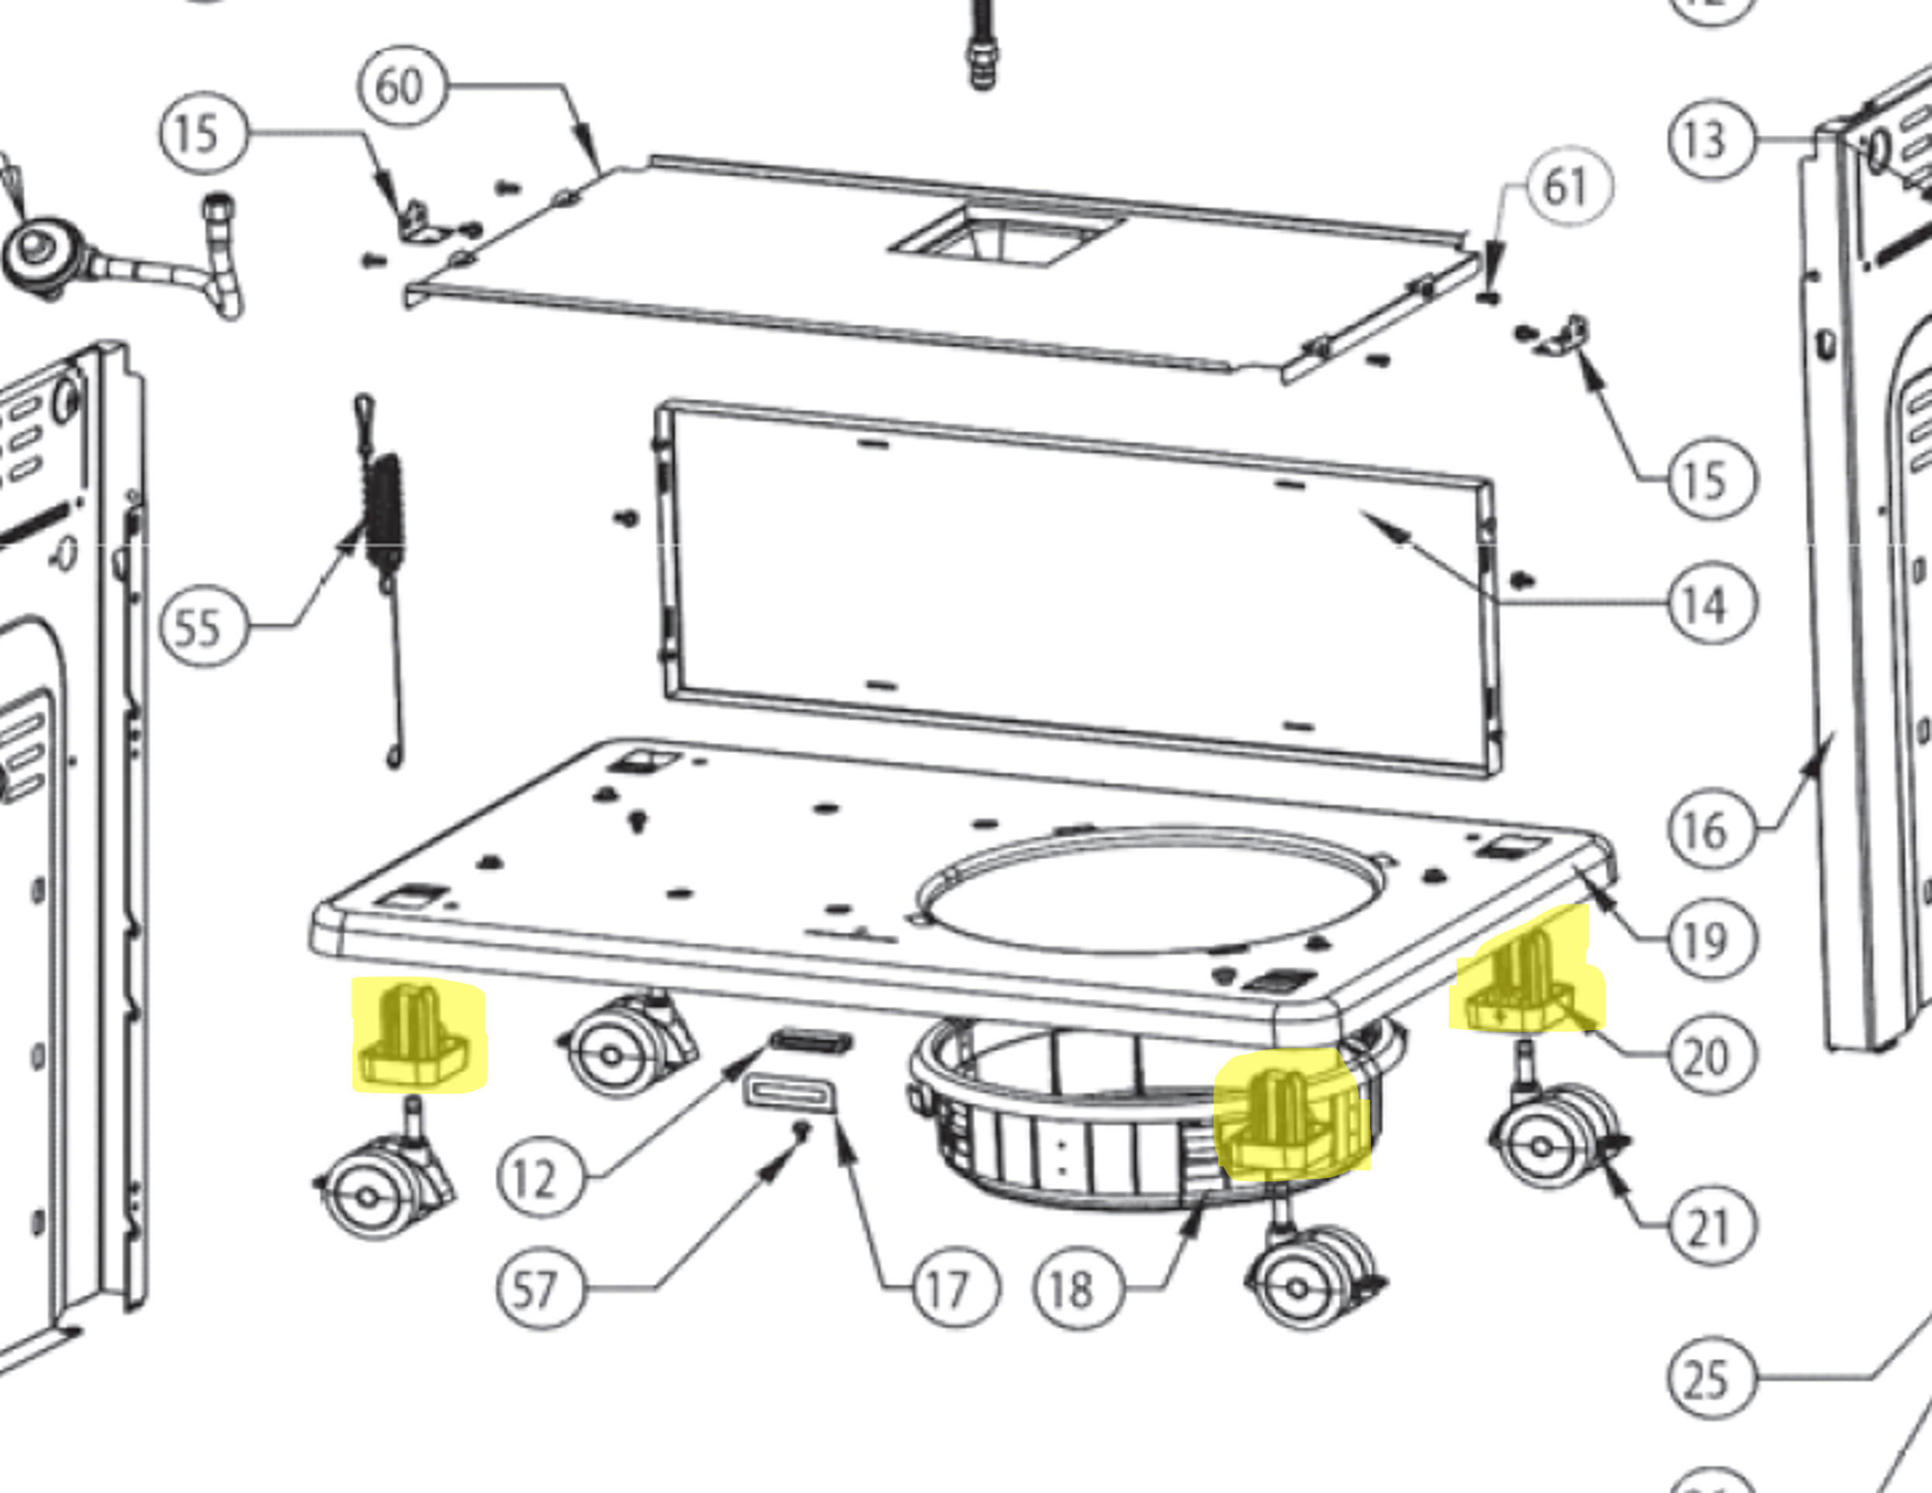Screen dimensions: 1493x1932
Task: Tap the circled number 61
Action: click(x=1566, y=187)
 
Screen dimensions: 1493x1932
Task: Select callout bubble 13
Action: click(x=1710, y=140)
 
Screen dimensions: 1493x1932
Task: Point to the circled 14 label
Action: click(x=1710, y=605)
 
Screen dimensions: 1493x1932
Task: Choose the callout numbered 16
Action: click(x=1710, y=830)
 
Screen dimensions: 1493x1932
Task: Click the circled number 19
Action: click(x=1710, y=939)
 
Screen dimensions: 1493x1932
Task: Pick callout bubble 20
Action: click(x=1710, y=1056)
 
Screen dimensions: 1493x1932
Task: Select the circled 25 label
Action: click(x=1710, y=1378)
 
